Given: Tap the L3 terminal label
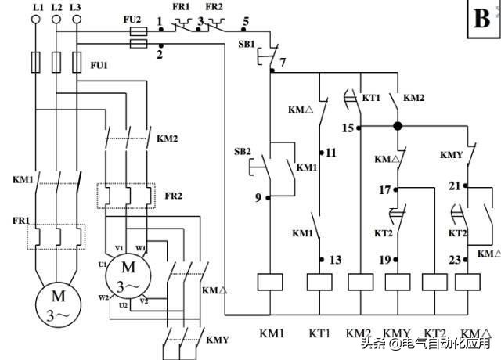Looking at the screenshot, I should pos(76,7).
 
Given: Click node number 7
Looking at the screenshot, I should pos(283,61).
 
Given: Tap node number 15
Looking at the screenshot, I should pos(348,127).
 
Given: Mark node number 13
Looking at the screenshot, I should pos(336,260).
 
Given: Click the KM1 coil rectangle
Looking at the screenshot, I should pos(269,283).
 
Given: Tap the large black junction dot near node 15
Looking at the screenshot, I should pos(398,126).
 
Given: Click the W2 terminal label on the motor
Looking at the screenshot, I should pos(103,297).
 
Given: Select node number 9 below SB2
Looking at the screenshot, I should pos(258,197).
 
